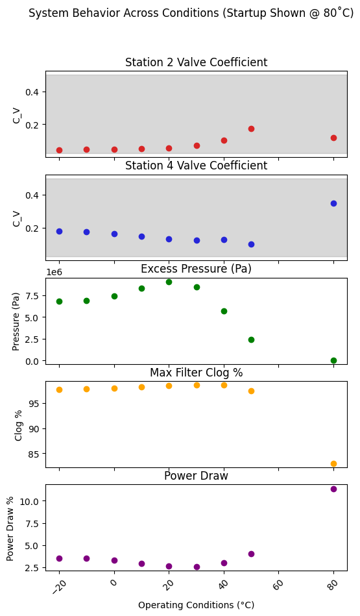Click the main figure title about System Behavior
pos(191,14)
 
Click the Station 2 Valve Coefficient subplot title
pos(196,63)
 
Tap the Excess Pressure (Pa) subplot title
pos(196,269)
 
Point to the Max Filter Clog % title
pos(196,373)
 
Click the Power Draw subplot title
pos(196,476)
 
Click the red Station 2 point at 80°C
pos(333,138)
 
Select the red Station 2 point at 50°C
pos(251,129)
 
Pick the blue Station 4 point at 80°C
pos(333,203)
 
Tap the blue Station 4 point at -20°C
pos(59,231)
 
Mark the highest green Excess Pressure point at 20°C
pos(169,282)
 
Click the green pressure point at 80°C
pos(333,360)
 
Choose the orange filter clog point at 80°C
pos(333,463)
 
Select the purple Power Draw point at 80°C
pos(333,489)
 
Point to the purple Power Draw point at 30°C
pos(197,567)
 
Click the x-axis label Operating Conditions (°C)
pos(196,605)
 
